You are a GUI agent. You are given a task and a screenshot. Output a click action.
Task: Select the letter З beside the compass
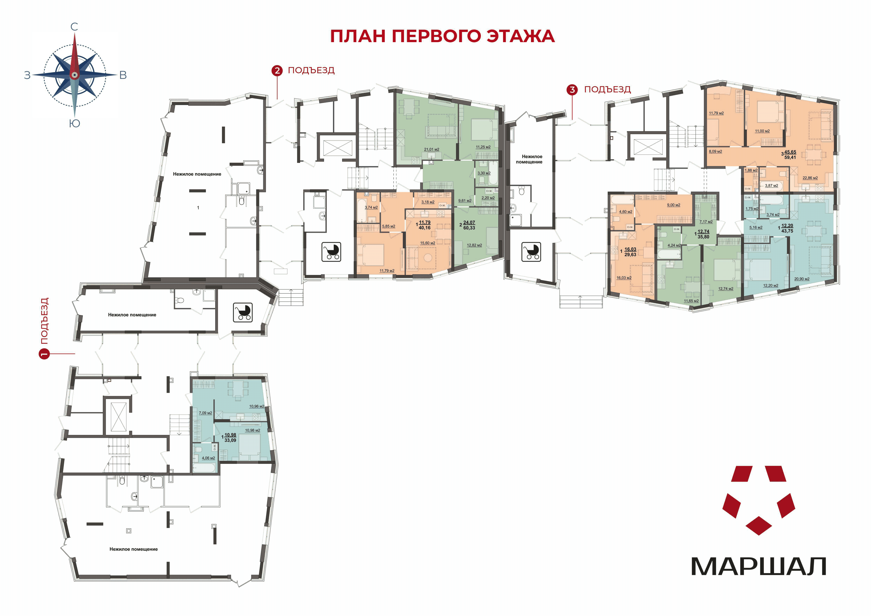[x=27, y=75]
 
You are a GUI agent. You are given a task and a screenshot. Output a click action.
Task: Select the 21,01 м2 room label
[x=432, y=150]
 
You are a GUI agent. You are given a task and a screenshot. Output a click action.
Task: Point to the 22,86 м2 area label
[x=810, y=178]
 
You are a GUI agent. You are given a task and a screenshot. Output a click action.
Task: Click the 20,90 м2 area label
[x=802, y=279]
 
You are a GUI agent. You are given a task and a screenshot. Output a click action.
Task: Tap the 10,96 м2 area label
[x=256, y=407]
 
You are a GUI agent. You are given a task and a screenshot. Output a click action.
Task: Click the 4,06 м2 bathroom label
[x=208, y=458]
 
